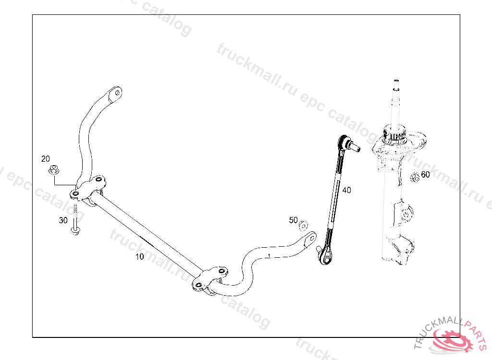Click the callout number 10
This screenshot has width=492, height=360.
click(x=139, y=257)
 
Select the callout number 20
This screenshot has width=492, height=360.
click(x=46, y=159)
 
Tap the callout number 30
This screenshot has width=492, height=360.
click(x=63, y=220)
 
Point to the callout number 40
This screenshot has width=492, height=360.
click(x=346, y=190)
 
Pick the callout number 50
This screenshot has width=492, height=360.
click(x=293, y=220)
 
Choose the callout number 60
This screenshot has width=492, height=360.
click(x=425, y=175)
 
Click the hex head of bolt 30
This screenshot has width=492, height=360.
click(x=75, y=231)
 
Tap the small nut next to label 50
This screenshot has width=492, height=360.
click(x=303, y=226)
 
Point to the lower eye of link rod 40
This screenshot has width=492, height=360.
click(x=327, y=260)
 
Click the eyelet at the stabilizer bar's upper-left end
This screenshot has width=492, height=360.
click(x=115, y=93)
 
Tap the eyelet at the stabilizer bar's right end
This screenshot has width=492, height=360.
click(x=310, y=238)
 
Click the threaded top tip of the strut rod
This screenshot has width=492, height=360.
click(x=396, y=82)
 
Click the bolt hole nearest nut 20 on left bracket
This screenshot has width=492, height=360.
click(x=75, y=194)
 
